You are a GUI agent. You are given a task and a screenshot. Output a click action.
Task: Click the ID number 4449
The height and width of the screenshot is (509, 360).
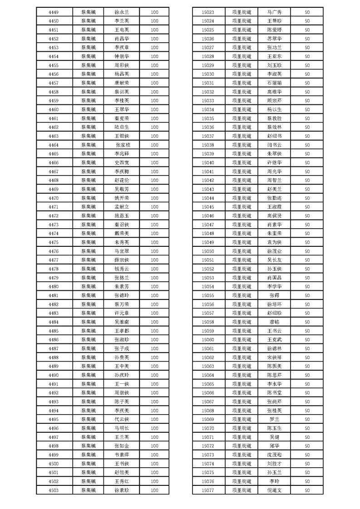[x=53, y=12]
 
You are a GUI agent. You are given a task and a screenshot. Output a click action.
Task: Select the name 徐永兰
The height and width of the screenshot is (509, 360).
[x=122, y=12]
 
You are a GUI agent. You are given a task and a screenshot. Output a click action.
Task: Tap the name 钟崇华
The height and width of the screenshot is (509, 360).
[x=122, y=57]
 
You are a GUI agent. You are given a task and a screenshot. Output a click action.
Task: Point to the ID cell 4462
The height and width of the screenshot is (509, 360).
[x=53, y=127]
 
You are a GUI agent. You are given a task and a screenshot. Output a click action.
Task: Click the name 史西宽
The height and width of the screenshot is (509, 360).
[x=122, y=163]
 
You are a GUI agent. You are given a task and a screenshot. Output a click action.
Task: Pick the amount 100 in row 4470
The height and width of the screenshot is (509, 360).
[x=154, y=198]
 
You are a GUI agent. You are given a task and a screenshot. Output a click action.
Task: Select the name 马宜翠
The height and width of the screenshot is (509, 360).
[x=122, y=251]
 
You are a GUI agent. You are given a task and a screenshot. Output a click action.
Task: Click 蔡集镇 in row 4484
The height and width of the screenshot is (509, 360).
[x=89, y=322]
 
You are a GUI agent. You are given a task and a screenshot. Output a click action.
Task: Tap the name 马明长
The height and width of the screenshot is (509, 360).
[x=122, y=428]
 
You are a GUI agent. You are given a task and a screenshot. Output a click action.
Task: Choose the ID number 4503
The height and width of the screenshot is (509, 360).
[x=53, y=490]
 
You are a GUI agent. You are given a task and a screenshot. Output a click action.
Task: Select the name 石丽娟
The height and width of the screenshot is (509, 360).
[x=274, y=83]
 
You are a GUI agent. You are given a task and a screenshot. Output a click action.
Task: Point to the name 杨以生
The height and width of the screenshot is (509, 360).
[x=274, y=110]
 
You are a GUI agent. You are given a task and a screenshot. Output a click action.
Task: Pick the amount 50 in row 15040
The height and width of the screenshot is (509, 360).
[x=307, y=163]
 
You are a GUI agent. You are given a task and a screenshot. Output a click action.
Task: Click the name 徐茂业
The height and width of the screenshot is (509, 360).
[x=274, y=251]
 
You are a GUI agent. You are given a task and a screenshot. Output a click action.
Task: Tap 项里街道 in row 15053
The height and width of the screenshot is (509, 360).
[x=241, y=278]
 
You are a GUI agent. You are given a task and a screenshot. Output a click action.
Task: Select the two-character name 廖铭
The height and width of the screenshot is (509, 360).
[x=274, y=322]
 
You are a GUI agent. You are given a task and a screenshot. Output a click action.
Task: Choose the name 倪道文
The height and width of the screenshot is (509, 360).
[x=274, y=490]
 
